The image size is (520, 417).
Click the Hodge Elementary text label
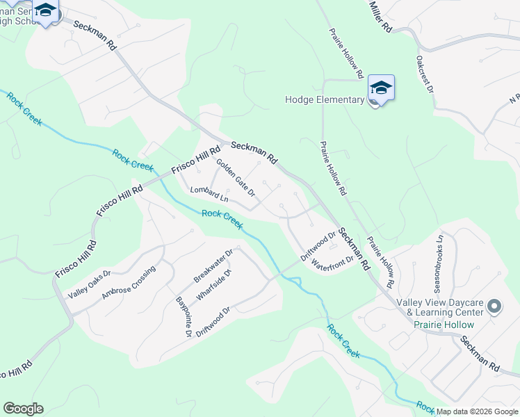click(x=325, y=99)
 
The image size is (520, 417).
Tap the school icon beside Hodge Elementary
click(x=381, y=88)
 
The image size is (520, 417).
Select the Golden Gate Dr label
click(x=236, y=178)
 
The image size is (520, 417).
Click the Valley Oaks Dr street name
click(x=89, y=285)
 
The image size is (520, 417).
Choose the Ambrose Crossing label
click(x=129, y=283)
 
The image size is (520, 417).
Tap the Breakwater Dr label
click(x=213, y=267)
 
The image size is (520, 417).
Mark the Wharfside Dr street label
click(x=213, y=285)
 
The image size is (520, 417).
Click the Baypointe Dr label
click(x=184, y=316)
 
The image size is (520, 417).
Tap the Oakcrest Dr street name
click(x=425, y=75)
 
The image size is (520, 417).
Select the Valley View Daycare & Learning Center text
click(x=439, y=308)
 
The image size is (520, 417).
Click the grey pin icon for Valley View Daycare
click(x=494, y=306)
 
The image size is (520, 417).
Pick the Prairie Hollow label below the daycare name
click(x=444, y=325)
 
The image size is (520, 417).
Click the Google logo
click(x=23, y=409)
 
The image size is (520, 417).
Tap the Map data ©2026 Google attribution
click(x=477, y=411)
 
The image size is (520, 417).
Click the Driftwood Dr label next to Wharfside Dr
click(x=213, y=320)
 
